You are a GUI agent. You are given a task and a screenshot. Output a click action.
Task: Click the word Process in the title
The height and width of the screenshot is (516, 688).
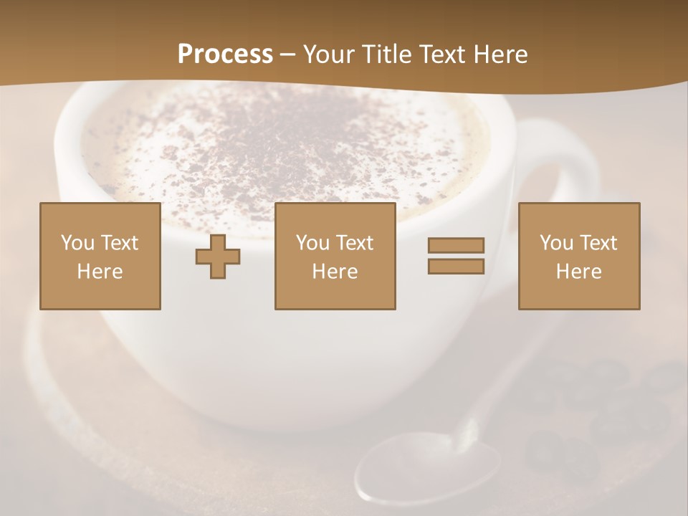coord(225,54)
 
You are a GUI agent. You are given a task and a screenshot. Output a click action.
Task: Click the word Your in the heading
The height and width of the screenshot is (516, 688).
coord(328,54)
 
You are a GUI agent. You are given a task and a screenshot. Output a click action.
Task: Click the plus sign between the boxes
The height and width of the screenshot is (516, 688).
coord(218,257)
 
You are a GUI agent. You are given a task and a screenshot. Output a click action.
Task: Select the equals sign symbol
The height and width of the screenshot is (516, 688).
coord(456,256)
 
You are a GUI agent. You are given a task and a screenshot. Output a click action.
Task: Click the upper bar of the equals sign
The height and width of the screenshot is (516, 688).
coord(456,246)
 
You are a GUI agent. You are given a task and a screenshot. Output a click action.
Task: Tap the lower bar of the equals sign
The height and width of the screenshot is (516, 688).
coord(456,266)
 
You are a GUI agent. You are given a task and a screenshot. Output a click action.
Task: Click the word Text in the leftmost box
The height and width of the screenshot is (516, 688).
coord(118,243)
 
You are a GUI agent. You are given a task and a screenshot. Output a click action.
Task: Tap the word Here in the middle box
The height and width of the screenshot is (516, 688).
coord(335,272)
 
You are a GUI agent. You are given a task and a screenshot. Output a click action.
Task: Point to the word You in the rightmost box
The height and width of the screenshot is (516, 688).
coord(556,243)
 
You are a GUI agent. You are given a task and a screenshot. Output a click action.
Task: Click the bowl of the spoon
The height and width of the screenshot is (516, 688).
coord(428,469)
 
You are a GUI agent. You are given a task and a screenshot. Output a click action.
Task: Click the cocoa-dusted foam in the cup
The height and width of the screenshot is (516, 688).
coord(279,143)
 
